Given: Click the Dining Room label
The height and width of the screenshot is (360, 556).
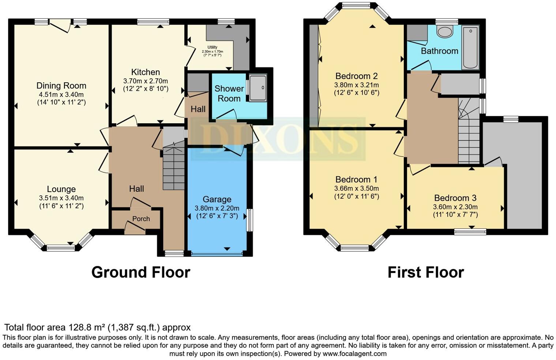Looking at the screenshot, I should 61,86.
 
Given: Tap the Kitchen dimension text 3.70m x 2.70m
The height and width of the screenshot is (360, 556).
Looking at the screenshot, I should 146,81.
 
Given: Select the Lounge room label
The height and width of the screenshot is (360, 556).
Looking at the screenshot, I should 61,189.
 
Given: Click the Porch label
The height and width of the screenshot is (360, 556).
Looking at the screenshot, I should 141,218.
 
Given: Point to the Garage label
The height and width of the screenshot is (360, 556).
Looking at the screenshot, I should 217,199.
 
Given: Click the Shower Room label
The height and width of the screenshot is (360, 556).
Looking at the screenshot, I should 229,94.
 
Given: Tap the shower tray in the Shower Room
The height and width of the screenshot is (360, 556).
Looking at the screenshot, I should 258,87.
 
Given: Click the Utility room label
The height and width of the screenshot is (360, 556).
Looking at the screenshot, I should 212,47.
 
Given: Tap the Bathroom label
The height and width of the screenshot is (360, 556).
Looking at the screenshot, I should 439,51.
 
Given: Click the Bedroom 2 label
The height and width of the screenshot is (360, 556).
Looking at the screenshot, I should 356,76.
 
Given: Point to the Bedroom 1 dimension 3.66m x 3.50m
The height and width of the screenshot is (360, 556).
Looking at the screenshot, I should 356,188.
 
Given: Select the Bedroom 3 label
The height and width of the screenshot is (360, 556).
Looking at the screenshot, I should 455,198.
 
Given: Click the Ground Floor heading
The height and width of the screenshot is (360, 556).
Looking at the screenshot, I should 140,272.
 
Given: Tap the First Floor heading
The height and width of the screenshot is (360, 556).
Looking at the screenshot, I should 425,272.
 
